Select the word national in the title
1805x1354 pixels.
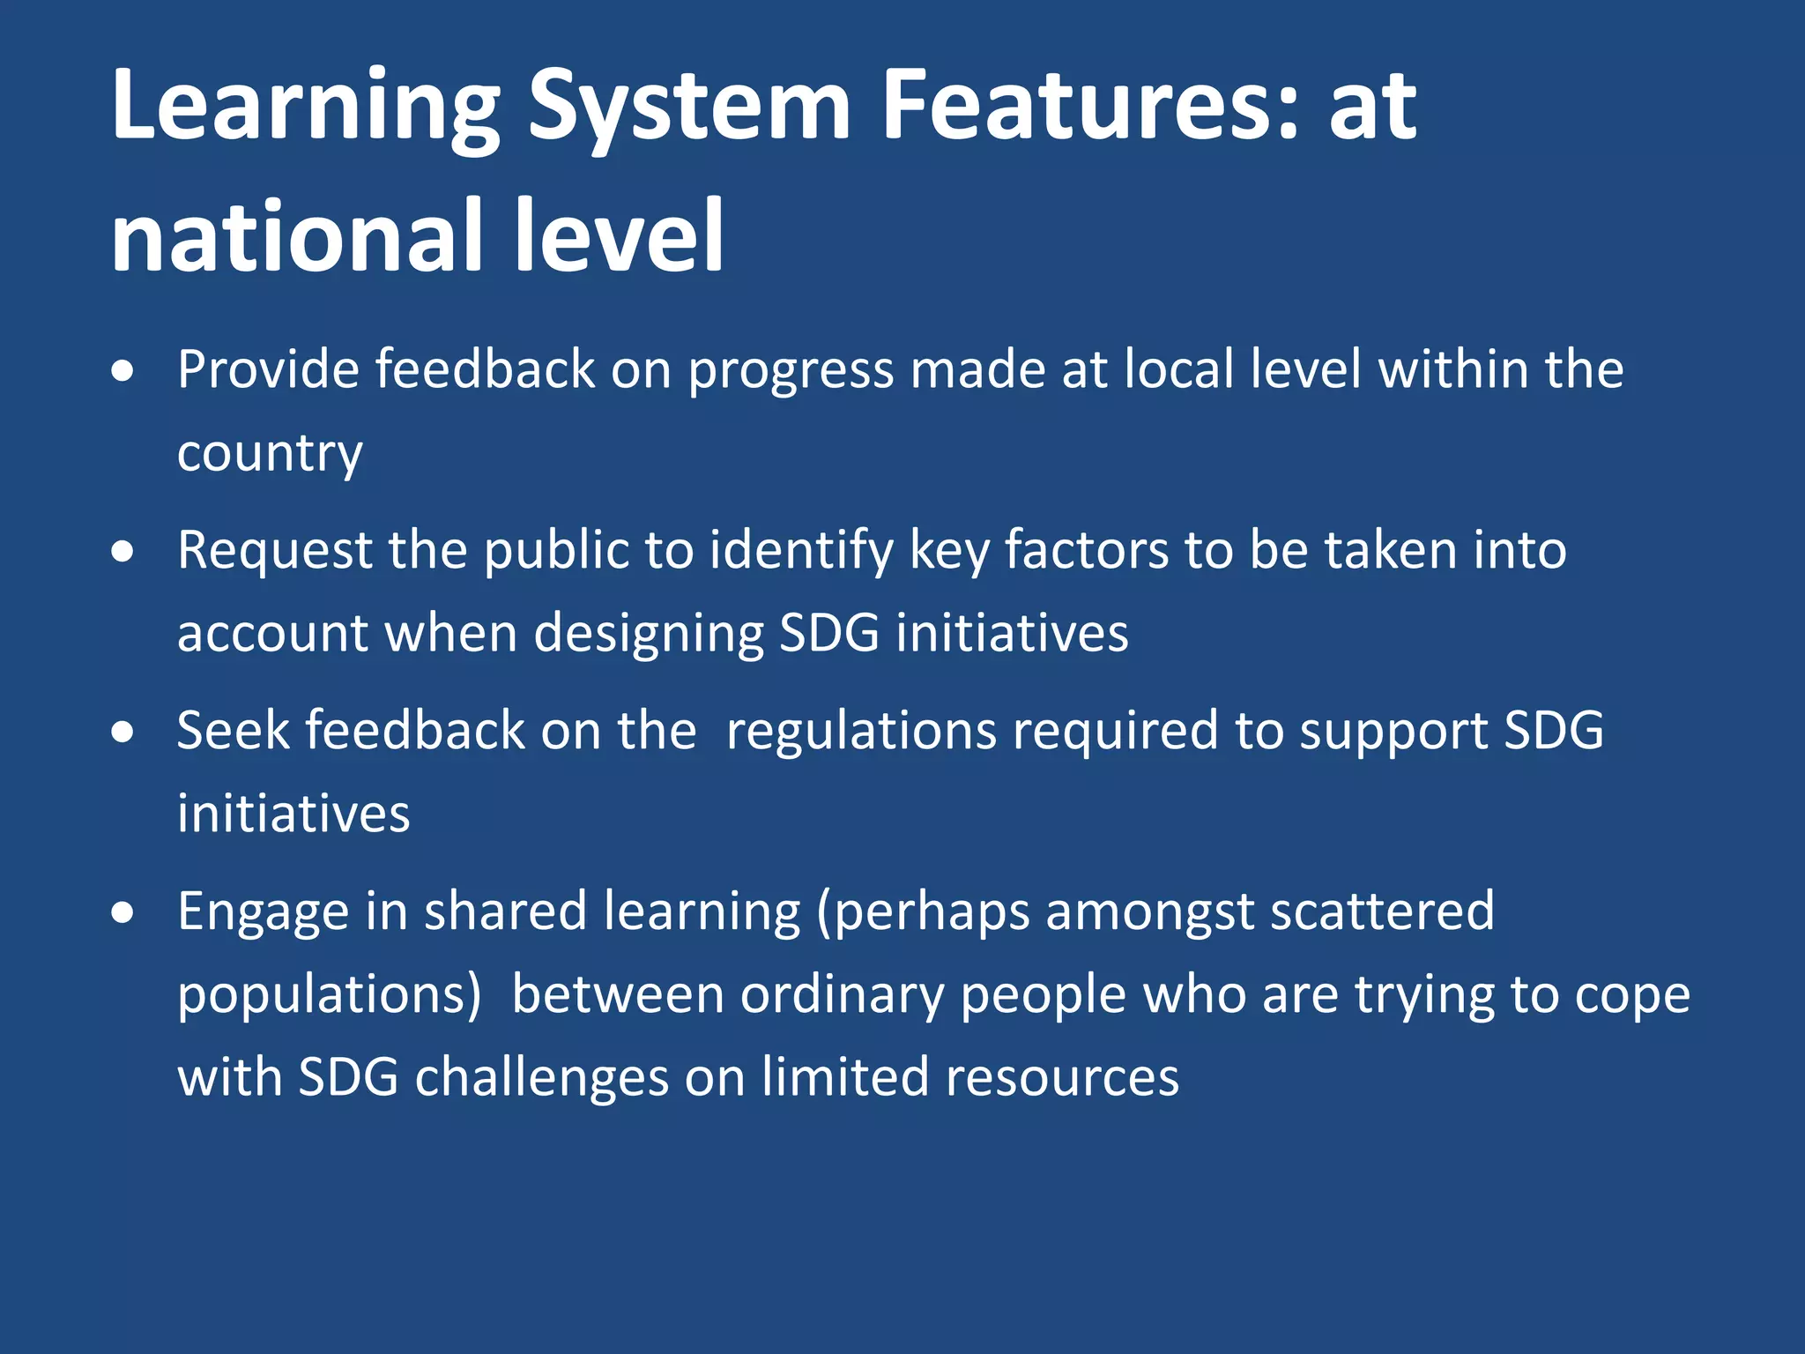coord(294,236)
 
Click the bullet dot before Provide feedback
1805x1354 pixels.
coord(123,371)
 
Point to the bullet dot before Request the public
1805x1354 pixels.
coord(123,553)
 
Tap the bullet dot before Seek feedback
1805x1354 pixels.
coord(123,733)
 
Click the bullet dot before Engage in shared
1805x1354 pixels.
coord(123,913)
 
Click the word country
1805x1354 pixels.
coord(270,454)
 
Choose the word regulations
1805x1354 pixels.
coord(860,732)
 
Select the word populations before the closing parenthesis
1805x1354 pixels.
coord(323,996)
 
